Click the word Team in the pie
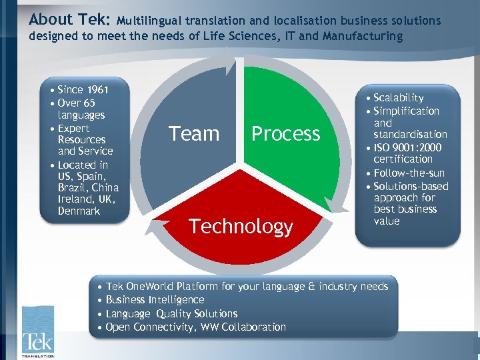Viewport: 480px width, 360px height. point(194,134)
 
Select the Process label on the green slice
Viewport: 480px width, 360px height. point(285,134)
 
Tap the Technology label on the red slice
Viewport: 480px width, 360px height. point(241,227)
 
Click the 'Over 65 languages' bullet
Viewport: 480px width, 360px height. point(77,109)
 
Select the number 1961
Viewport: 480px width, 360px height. point(97,89)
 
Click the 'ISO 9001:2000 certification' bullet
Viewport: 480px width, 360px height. point(407,153)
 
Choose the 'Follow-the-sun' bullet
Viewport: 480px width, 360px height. point(409,173)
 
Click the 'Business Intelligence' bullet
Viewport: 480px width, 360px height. point(155,300)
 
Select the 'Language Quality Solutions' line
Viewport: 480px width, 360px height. point(171,313)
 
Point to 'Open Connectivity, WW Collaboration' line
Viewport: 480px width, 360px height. point(195,327)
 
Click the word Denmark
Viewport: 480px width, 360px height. point(79,211)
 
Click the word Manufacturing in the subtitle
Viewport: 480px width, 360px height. point(363,36)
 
